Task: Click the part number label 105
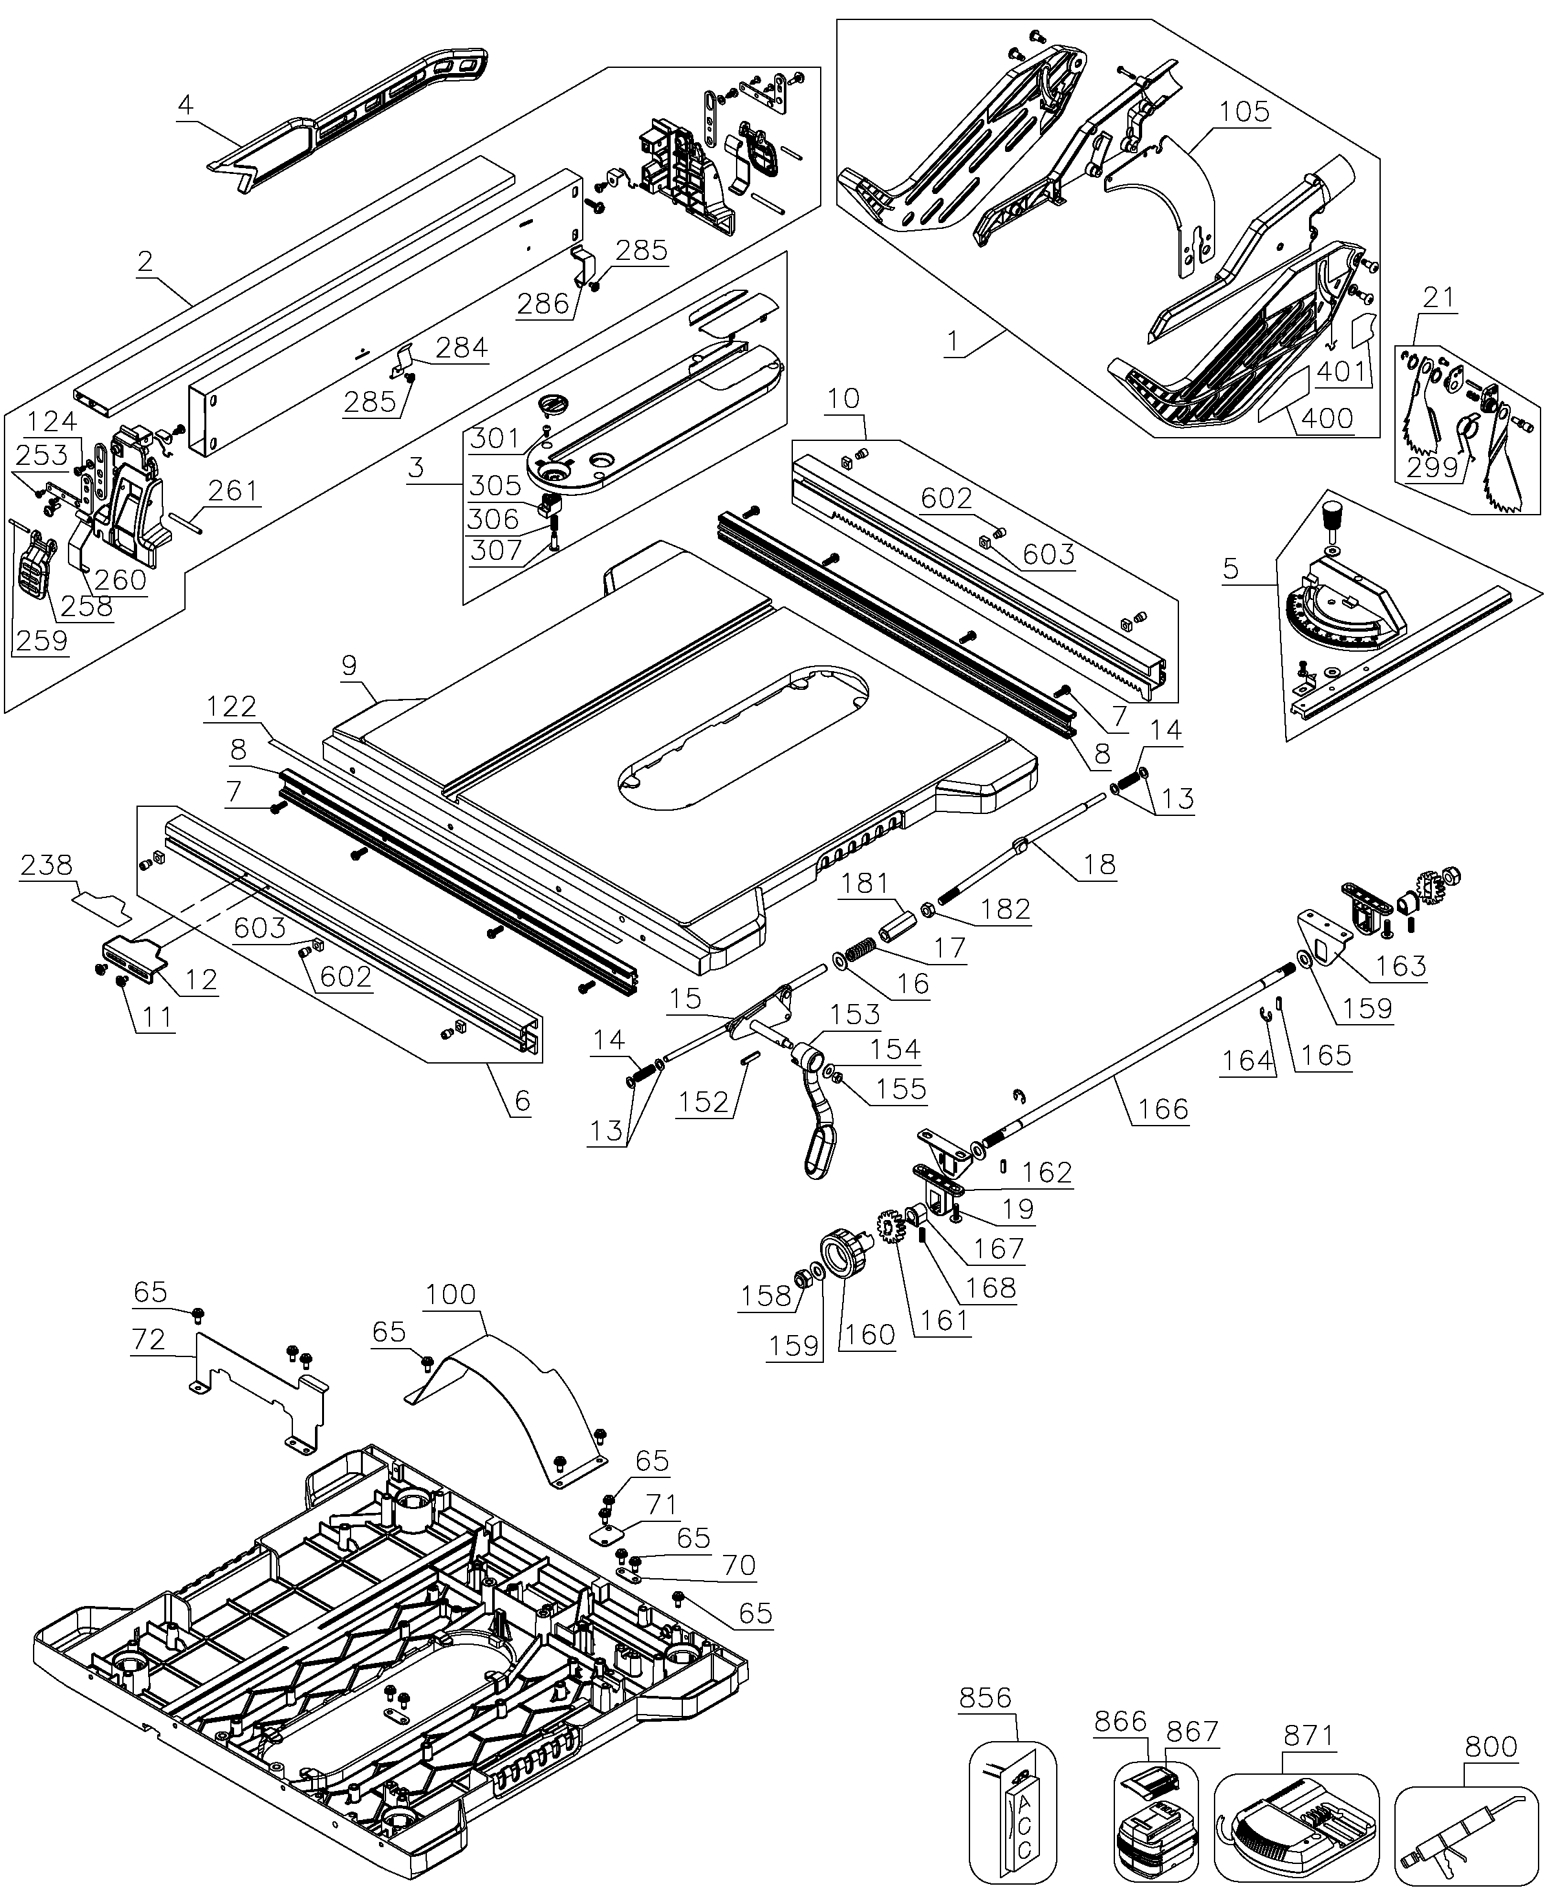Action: tap(1244, 112)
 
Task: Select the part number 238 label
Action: tap(47, 864)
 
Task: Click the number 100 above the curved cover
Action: tap(451, 1294)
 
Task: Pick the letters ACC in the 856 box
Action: tap(1023, 1822)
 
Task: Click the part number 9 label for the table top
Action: tap(349, 665)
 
